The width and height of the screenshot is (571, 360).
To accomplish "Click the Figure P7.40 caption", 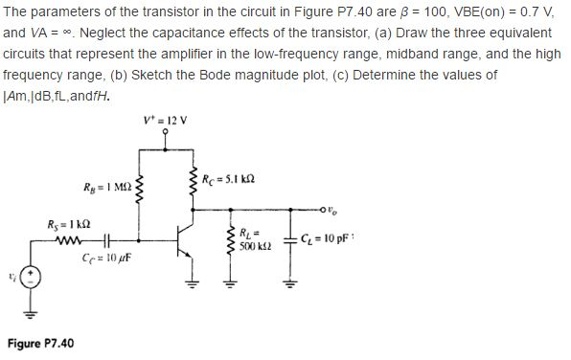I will pos(42,343).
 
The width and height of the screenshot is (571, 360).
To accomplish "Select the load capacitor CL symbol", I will pos(285,241).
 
